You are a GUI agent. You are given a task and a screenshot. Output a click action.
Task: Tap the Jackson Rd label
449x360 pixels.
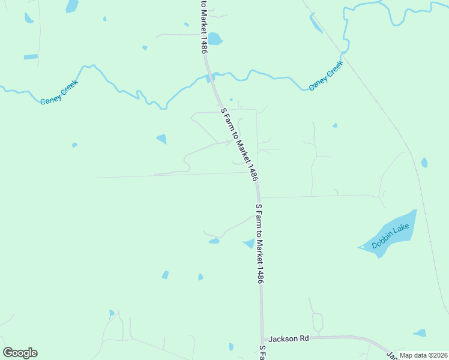click(288, 339)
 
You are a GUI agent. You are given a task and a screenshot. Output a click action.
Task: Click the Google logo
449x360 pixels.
click(20, 352)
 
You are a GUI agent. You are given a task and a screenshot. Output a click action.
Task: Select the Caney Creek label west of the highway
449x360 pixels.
click(59, 95)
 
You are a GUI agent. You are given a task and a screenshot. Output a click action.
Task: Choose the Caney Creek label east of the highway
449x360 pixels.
click(325, 76)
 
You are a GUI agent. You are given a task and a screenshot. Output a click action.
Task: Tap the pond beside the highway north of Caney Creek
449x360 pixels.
click(214, 39)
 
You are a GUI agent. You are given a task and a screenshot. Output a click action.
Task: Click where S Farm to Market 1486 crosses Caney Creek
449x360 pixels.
click(212, 77)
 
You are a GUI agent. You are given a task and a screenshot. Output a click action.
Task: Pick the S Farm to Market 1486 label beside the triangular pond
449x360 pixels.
click(260, 243)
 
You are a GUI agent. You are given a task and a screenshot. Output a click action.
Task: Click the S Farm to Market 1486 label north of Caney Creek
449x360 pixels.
click(204, 27)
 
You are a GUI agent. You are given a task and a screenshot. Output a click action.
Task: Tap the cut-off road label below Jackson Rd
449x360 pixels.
click(262, 353)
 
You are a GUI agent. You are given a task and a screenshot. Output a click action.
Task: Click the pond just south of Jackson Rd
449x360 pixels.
click(231, 347)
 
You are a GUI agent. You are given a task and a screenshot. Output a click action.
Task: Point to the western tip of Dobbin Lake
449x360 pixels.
click(360, 247)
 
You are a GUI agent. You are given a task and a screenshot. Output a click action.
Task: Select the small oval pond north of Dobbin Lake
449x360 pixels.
click(424, 163)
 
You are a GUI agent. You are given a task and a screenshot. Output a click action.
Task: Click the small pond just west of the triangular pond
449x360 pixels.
click(214, 241)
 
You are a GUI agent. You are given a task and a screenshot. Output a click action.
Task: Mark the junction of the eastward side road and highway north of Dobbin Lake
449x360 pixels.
click(259, 197)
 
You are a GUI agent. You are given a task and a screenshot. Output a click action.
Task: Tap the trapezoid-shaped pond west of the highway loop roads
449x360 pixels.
click(161, 139)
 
